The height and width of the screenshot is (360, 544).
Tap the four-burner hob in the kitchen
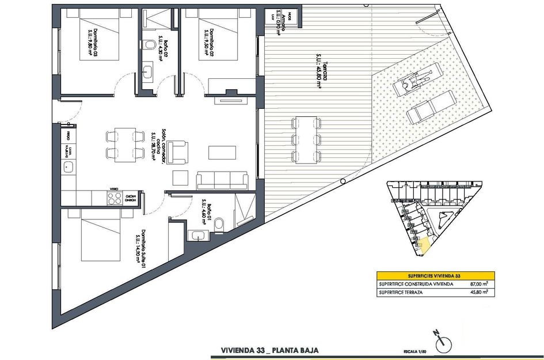[x=114, y=198]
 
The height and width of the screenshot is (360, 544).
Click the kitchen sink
[x=69, y=168]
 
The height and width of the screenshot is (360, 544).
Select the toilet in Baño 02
[x=149, y=44]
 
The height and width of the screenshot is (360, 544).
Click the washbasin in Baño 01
[x=197, y=235]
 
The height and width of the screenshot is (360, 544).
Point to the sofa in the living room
[x=222, y=180]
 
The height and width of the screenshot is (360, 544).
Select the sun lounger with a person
[x=413, y=80]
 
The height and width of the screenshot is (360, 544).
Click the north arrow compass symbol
[x=443, y=343]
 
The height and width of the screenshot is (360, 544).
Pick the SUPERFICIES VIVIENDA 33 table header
[x=435, y=276]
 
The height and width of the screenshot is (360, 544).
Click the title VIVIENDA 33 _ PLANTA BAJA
[x=269, y=350]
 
